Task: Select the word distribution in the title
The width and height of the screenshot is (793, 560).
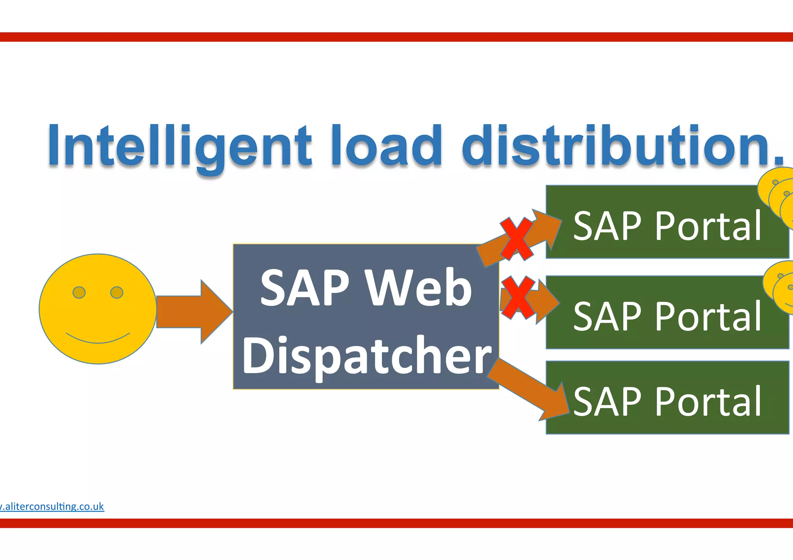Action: point(616,146)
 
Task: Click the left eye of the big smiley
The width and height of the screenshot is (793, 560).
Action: point(79,292)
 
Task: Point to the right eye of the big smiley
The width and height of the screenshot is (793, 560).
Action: point(117,292)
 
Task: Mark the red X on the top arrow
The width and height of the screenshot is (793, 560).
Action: point(516,238)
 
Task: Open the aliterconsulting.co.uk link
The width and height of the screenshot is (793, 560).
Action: point(52,506)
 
